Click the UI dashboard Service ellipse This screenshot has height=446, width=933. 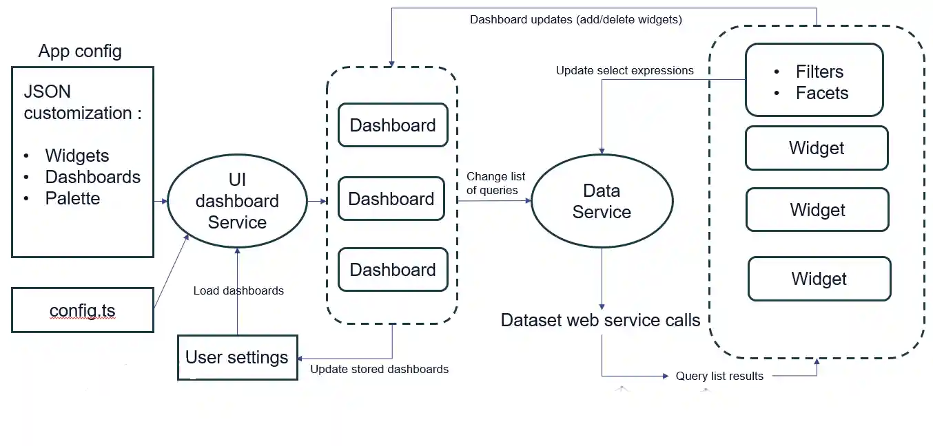237,201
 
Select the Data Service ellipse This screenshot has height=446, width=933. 602,201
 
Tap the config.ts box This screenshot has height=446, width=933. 83,310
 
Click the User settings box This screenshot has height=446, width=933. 237,357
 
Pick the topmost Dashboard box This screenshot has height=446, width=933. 393,125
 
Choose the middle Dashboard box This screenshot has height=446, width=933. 391,199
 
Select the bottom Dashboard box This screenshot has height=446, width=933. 393,270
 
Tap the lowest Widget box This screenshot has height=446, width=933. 819,279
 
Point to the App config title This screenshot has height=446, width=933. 80,51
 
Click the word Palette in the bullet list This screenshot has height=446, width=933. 72,198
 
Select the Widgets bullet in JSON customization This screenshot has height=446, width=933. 77,156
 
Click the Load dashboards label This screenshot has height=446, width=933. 238,290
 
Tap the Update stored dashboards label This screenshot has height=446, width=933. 379,369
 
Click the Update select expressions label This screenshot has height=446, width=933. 624,70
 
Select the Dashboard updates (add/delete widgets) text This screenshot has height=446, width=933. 575,19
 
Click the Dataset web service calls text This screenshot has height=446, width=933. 600,320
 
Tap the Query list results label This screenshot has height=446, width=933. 719,376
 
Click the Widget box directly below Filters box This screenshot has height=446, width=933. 817,148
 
